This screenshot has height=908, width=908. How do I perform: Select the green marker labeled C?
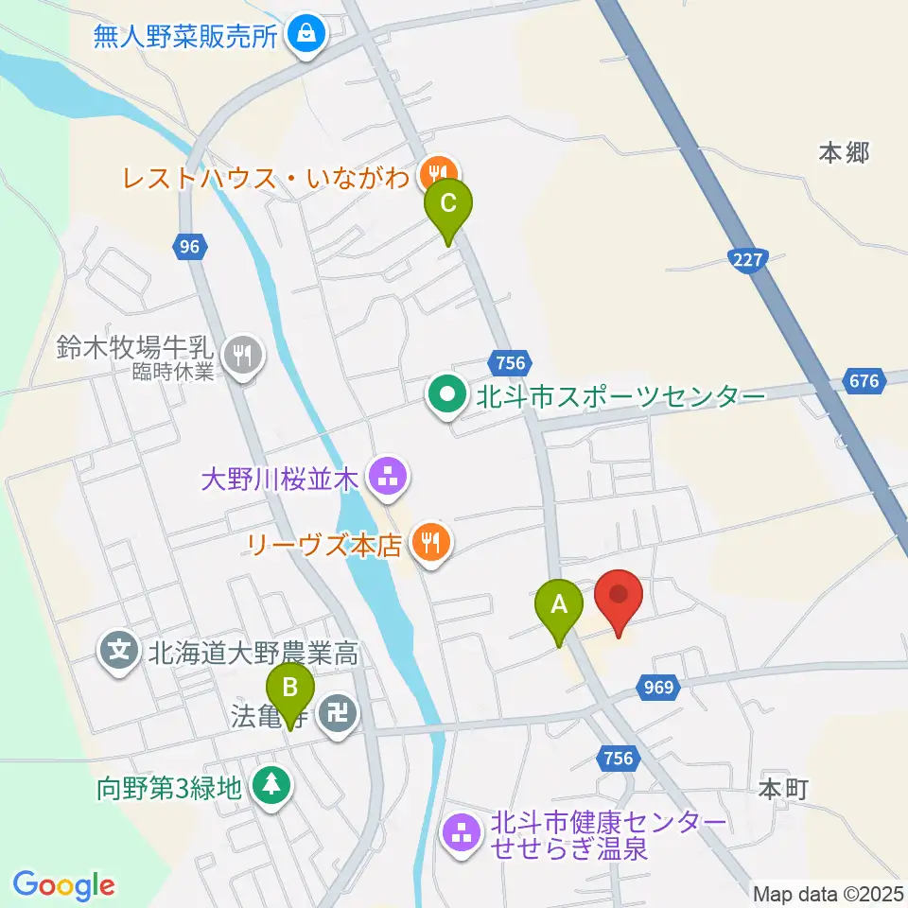pyautogui.click(x=448, y=205)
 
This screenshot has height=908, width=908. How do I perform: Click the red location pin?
pyautogui.click(x=620, y=598)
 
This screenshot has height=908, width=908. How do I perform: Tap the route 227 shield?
pyautogui.click(x=747, y=258)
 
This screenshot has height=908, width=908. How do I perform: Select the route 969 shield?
pyautogui.click(x=660, y=688)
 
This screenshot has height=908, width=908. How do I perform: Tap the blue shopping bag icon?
pyautogui.click(x=307, y=35)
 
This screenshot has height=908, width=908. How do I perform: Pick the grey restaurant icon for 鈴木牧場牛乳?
pyautogui.click(x=245, y=355)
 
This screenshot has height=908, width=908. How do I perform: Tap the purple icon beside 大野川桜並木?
pyautogui.click(x=387, y=477)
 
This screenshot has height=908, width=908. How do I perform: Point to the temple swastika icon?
pyautogui.click(x=338, y=710)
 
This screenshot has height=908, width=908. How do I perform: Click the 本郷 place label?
pyautogui.click(x=844, y=152)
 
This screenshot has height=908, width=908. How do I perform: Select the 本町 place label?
pyautogui.click(x=783, y=788)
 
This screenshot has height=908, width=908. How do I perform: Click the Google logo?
pyautogui.click(x=63, y=885)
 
